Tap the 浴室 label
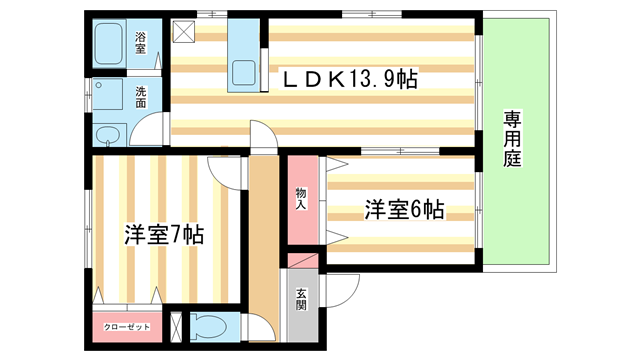pyautogui.click(x=142, y=43)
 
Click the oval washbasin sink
pyautogui.click(x=108, y=136)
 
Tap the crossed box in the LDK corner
pyautogui.click(x=184, y=31)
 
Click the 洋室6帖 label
pyautogui.click(x=403, y=210)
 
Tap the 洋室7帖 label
pyautogui.click(x=164, y=236)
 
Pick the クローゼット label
pyautogui.click(x=125, y=327)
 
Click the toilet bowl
pyautogui.click(x=207, y=326)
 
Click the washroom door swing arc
pyautogui.click(x=150, y=130)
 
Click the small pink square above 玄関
pyautogui.click(x=301, y=259)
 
